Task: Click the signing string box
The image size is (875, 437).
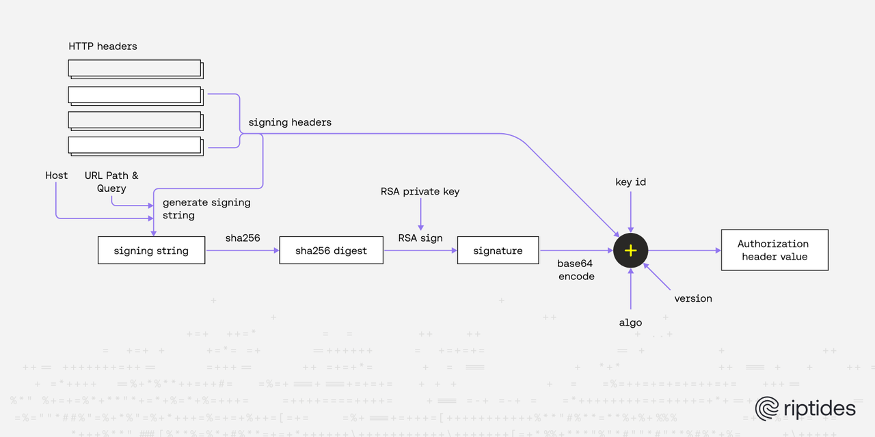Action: (x=151, y=251)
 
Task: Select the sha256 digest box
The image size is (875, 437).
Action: (x=331, y=251)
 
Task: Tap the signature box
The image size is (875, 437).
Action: (x=498, y=251)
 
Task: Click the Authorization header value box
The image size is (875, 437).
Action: (x=774, y=251)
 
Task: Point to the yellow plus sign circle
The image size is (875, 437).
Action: (x=630, y=251)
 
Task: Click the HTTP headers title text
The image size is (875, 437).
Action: (x=103, y=46)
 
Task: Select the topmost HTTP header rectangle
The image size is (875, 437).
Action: (x=135, y=68)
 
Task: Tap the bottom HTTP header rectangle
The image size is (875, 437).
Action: (x=135, y=145)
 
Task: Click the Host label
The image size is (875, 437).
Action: (x=57, y=175)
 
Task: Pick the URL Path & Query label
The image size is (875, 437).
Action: (x=111, y=182)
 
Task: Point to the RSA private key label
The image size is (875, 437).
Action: (x=420, y=192)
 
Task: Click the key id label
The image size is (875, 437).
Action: (x=630, y=182)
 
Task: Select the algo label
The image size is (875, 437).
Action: (x=630, y=322)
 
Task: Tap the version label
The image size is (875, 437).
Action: (x=692, y=298)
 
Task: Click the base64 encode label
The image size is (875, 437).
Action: (x=576, y=270)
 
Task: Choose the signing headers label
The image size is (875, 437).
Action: (x=290, y=122)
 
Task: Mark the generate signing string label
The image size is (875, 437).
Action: (x=206, y=208)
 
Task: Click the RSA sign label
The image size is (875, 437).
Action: (x=420, y=238)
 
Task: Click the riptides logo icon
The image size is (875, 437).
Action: (x=767, y=408)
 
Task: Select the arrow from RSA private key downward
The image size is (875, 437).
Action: (x=420, y=215)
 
